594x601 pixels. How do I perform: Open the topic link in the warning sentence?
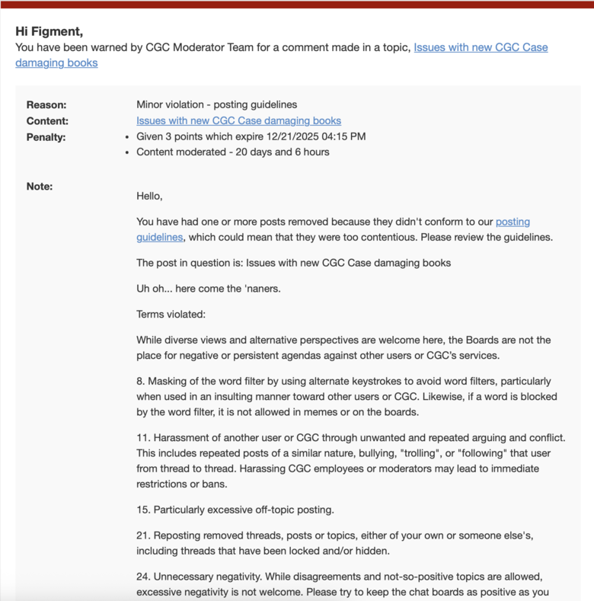click(480, 47)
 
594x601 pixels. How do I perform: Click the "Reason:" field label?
click(46, 104)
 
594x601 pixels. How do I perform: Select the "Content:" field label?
click(47, 120)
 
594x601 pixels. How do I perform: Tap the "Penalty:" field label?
click(46, 137)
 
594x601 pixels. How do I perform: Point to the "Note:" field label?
click(40, 186)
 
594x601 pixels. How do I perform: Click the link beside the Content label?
click(238, 120)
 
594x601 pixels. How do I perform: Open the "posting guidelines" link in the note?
click(513, 222)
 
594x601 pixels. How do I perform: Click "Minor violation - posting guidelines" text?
click(216, 104)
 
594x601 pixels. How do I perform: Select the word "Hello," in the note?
click(149, 196)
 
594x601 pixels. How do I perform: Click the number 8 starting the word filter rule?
click(140, 381)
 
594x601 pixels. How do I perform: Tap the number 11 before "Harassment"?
click(142, 438)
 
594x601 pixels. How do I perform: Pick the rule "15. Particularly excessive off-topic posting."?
click(235, 510)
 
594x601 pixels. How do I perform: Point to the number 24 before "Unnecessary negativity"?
click(143, 577)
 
